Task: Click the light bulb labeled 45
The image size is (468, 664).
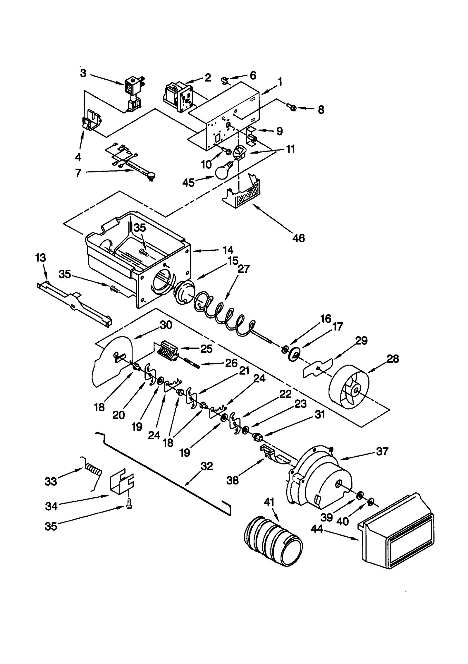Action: click(x=223, y=171)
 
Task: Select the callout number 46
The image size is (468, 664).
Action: click(x=298, y=238)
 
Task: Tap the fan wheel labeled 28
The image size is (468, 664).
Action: click(x=349, y=385)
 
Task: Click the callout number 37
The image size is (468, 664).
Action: click(x=382, y=451)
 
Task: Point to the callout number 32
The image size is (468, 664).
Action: click(x=207, y=466)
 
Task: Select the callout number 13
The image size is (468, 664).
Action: click(x=40, y=258)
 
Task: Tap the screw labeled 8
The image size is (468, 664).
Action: click(x=292, y=108)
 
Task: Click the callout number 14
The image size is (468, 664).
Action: click(x=228, y=250)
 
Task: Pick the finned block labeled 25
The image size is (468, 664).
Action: click(x=167, y=350)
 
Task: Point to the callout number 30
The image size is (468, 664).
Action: click(x=166, y=325)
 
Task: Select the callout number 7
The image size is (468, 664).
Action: click(x=78, y=173)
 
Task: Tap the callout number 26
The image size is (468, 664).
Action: click(x=231, y=363)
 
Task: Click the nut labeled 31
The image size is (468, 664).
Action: click(x=258, y=437)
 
